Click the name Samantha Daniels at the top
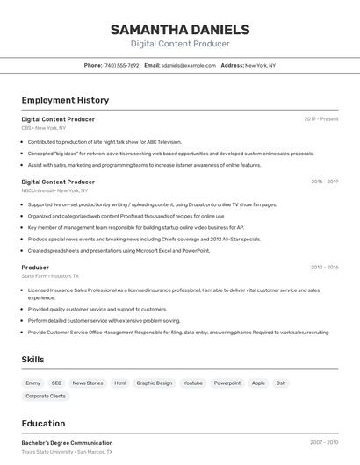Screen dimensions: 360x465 coord(180,29)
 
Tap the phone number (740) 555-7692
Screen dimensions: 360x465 coord(121,65)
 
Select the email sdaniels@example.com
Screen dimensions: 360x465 coord(189,65)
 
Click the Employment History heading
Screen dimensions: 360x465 coord(65,100)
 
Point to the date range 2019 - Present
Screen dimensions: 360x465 coord(321,118)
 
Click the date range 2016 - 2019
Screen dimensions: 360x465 coord(324,182)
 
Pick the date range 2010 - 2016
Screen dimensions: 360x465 coord(324,267)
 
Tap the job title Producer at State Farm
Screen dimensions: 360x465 coord(35,267)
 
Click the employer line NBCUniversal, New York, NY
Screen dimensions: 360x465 coord(54,190)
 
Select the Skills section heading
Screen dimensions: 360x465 coord(32,359)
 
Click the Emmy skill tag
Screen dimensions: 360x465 coord(32,383)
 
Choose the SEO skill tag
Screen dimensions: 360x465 coord(56,383)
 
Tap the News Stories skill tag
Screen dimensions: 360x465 coord(88,383)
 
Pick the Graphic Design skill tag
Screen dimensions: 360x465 coord(154,383)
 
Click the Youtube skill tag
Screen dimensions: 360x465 coord(192,383)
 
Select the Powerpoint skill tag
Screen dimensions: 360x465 coord(227,383)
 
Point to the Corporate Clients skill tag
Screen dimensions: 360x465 coord(46,396)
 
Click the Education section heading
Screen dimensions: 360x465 coord(43,423)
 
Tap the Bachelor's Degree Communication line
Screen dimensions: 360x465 coord(67,443)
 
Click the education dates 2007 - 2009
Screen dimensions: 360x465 coord(324,443)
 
